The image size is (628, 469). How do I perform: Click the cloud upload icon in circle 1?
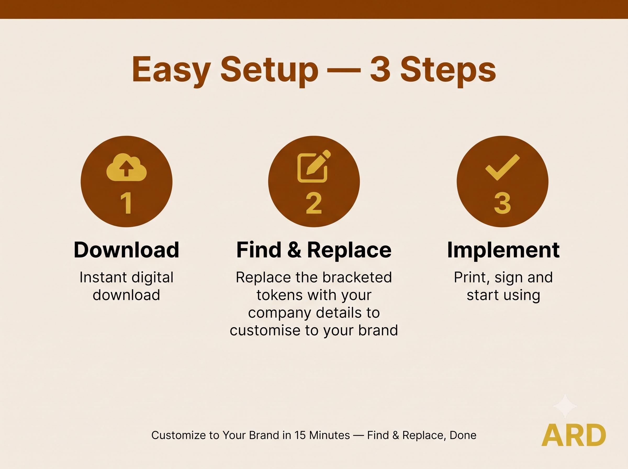[x=127, y=167]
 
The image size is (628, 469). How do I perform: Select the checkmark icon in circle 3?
[x=503, y=167]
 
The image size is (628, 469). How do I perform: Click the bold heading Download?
[x=127, y=250]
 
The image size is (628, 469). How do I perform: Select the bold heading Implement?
[x=503, y=250]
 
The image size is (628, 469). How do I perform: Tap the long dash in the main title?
[x=344, y=70]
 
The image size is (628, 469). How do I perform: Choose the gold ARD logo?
[x=574, y=435]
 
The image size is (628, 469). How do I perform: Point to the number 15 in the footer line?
[x=300, y=435]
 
